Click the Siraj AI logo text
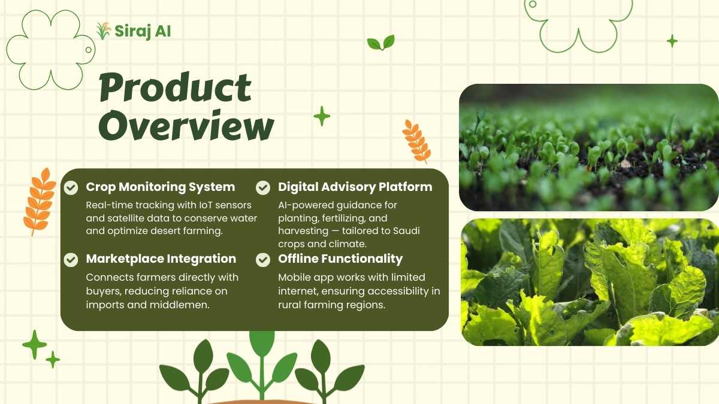click(x=143, y=32)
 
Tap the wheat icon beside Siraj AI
click(x=104, y=31)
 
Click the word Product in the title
click(x=175, y=87)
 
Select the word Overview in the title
click(x=186, y=125)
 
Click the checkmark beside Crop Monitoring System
click(x=71, y=187)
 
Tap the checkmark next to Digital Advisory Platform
click(x=263, y=187)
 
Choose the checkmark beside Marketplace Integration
click(x=71, y=260)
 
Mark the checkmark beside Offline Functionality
click(x=263, y=260)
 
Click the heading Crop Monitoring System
click(x=161, y=187)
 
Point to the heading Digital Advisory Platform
click(x=355, y=187)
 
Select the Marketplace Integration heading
click(x=161, y=259)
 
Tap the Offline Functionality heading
click(x=340, y=259)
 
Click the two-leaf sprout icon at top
click(x=381, y=42)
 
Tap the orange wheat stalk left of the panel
click(x=40, y=202)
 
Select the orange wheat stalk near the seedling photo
click(x=416, y=141)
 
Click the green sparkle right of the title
click(x=322, y=116)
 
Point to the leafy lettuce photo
click(x=590, y=282)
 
